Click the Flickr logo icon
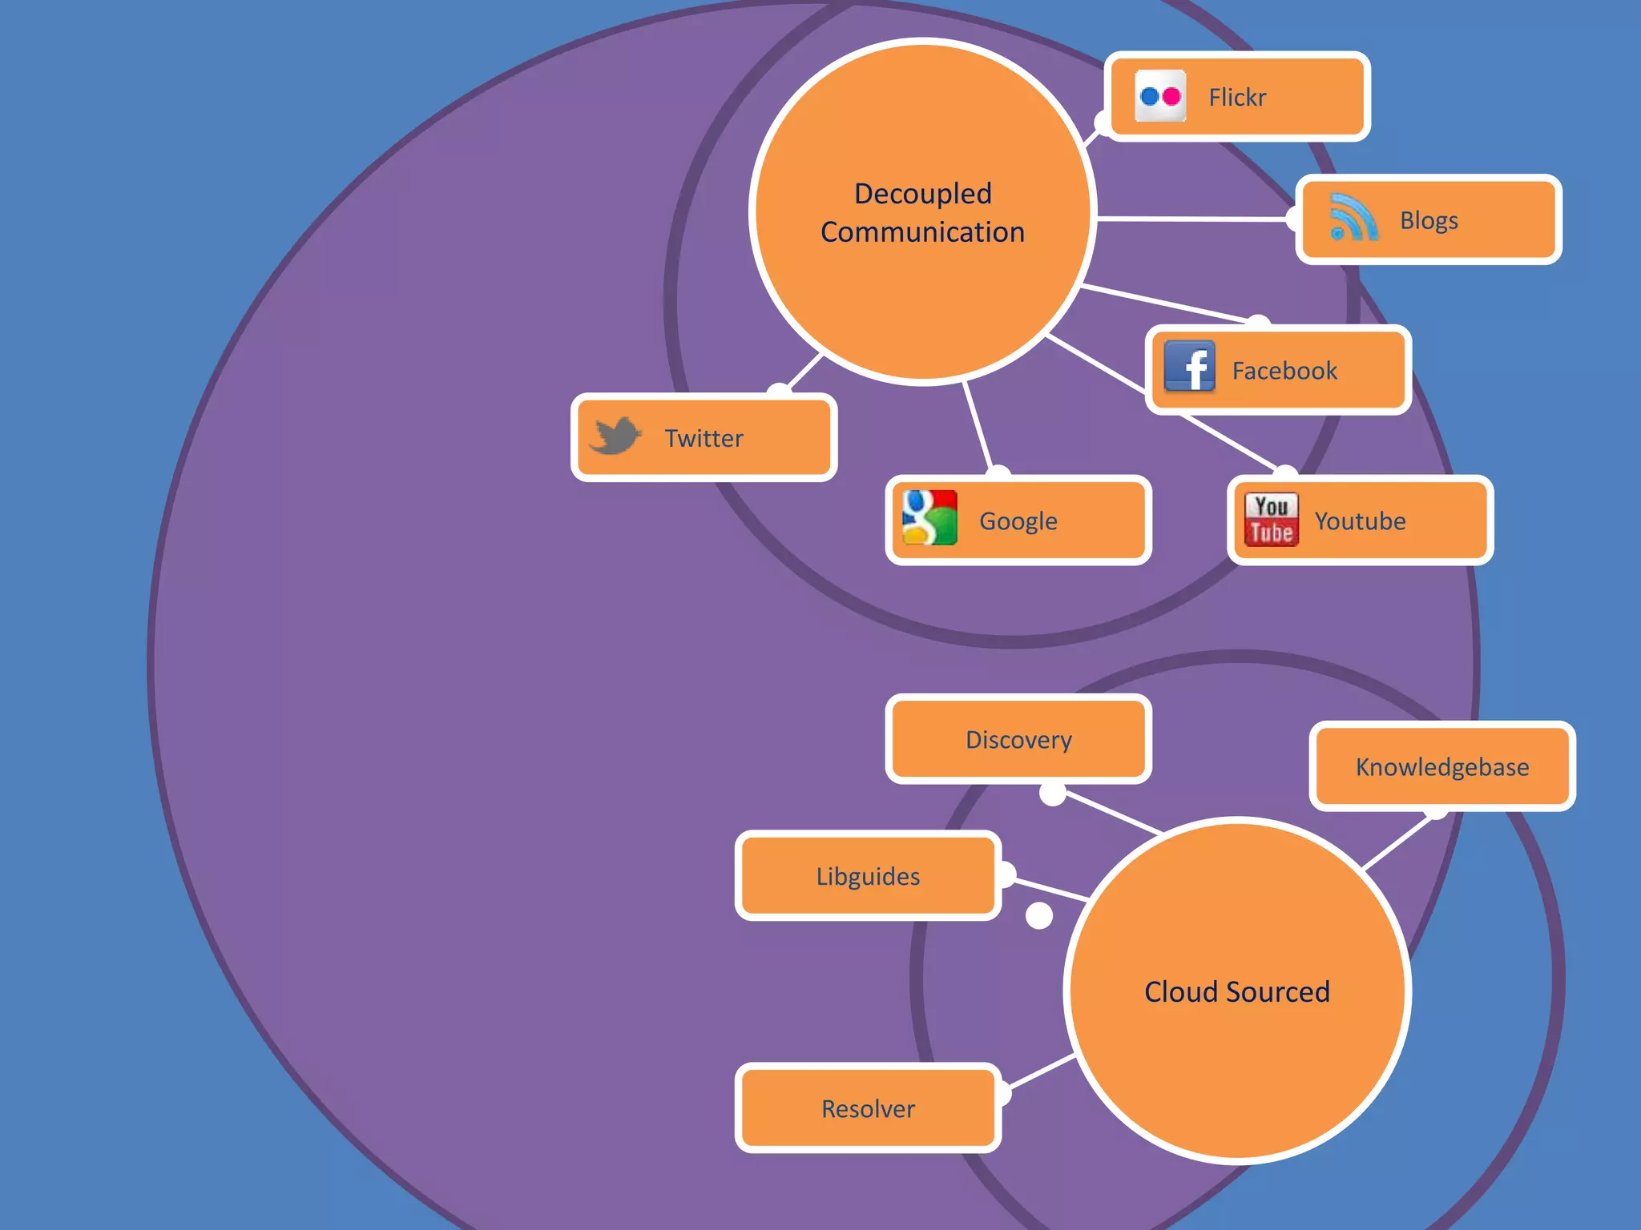click(1160, 96)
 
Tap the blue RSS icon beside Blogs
click(1353, 218)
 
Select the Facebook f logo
click(1189, 367)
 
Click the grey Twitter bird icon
click(615, 436)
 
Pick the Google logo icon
click(929, 518)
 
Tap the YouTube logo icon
click(1272, 520)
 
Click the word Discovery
click(1018, 740)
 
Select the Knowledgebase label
click(1442, 767)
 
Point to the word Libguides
click(868, 877)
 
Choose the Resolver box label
click(868, 1109)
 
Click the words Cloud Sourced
click(1237, 992)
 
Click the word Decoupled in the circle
click(923, 194)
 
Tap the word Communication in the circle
click(923, 232)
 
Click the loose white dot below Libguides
click(1039, 915)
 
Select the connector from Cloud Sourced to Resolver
click(1042, 1071)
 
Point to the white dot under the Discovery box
click(1052, 794)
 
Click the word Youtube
click(1360, 521)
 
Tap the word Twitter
click(704, 439)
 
